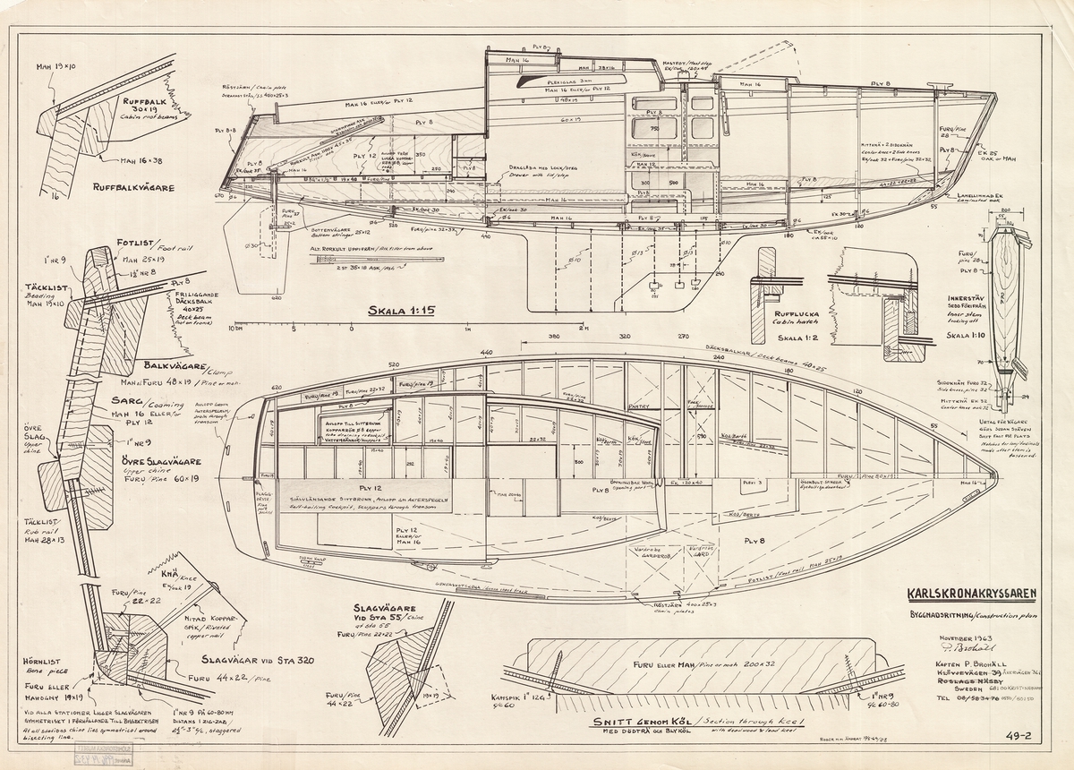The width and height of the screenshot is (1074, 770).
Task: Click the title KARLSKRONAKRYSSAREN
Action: pyautogui.click(x=972, y=593)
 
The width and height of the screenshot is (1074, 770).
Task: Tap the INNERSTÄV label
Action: pyautogui.click(x=978, y=300)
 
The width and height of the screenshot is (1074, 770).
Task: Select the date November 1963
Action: pyautogui.click(x=960, y=638)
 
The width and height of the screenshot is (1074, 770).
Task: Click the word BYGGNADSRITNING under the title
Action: pyautogui.click(x=948, y=616)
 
